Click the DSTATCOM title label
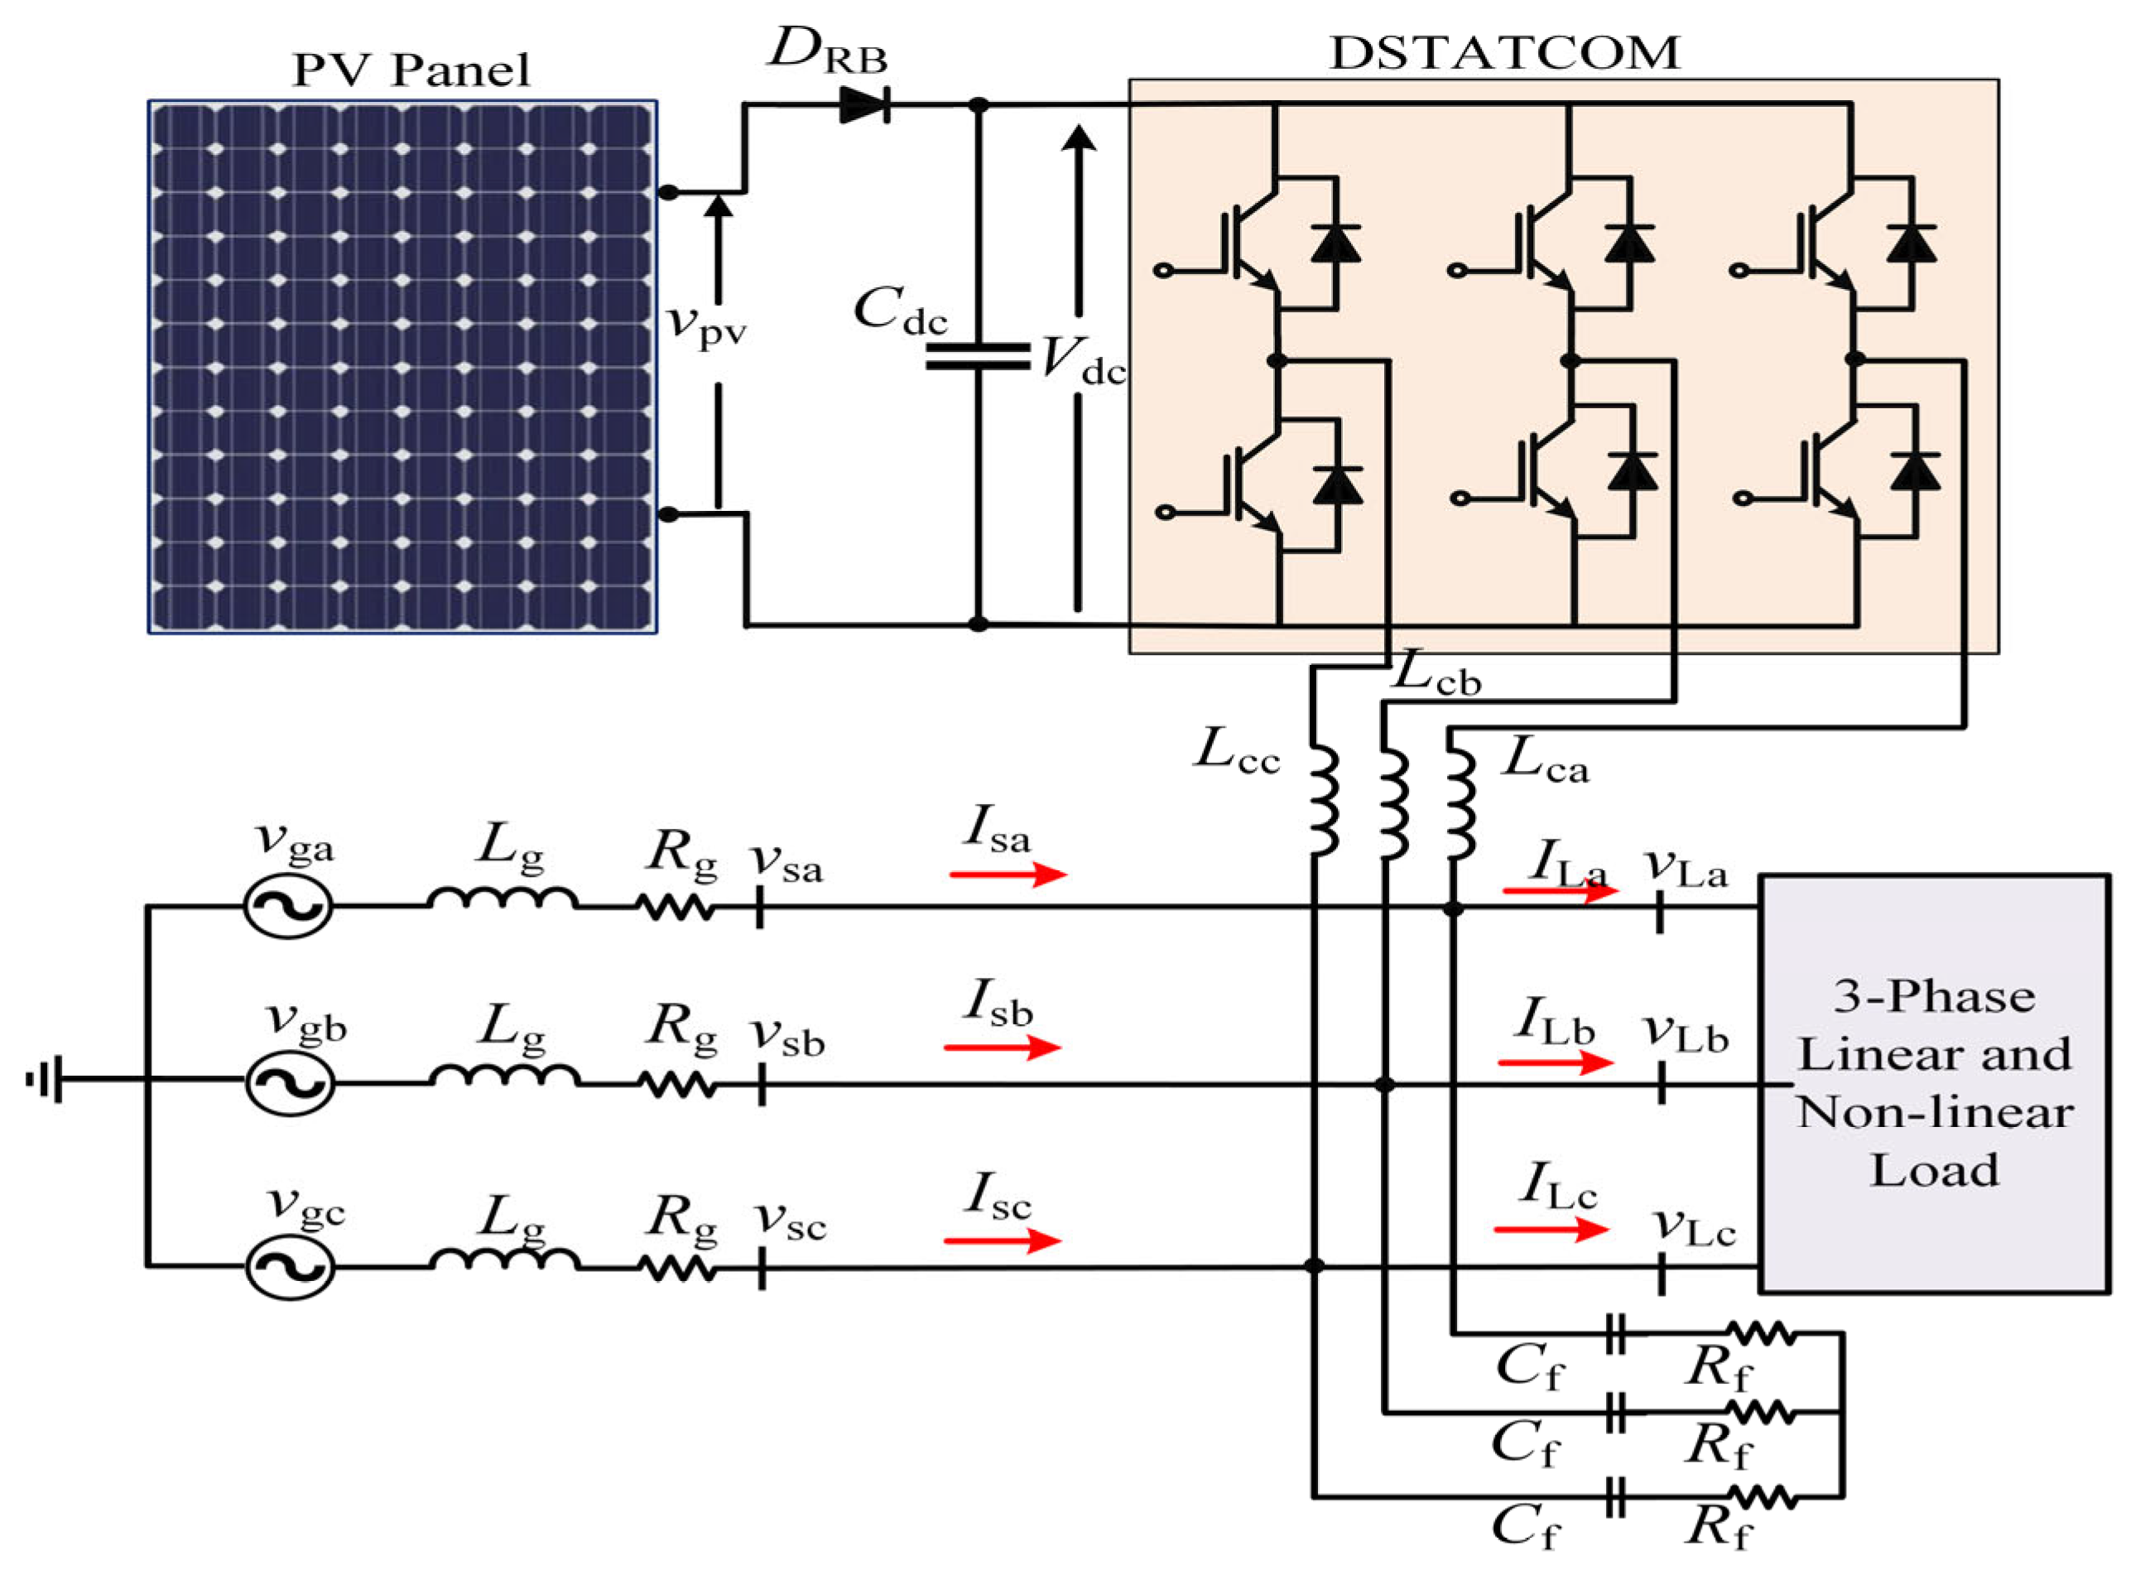1504,52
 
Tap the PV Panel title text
411,70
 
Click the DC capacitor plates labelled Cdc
978,356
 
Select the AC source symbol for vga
289,906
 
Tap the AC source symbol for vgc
290,1266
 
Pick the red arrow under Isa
1007,874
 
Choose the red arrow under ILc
1551,1230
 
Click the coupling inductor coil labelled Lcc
1324,800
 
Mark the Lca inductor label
1545,760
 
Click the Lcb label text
1436,675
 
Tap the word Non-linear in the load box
1934,1112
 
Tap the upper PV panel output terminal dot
669,193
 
